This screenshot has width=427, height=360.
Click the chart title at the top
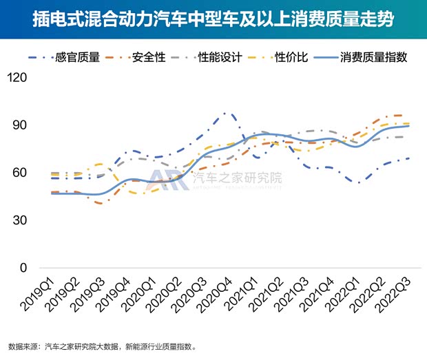point(213,19)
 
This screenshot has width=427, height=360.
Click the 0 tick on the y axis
point(23,268)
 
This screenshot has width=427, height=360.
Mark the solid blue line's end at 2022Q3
point(408,126)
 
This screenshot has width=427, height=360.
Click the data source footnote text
point(103,346)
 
